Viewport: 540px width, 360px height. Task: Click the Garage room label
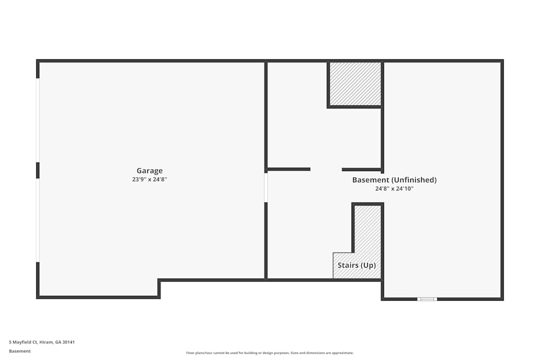(150, 171)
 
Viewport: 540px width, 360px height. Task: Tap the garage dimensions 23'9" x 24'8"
(150, 180)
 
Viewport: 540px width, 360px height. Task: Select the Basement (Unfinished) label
(394, 180)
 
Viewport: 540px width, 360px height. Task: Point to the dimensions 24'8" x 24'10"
(394, 189)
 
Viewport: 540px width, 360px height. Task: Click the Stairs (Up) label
(356, 266)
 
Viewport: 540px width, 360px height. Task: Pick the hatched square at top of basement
(355, 84)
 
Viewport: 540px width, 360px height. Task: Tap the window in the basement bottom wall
(427, 299)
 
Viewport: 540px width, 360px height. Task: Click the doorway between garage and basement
(266, 187)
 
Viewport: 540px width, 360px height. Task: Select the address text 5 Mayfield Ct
(25, 342)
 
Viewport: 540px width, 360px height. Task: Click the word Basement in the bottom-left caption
(20, 351)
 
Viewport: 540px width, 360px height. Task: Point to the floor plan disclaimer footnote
(270, 353)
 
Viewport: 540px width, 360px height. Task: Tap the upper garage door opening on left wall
(38, 120)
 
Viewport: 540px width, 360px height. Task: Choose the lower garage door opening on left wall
(38, 220)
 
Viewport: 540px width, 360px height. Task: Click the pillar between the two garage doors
(38, 170)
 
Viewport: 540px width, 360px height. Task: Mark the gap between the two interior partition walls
(326, 169)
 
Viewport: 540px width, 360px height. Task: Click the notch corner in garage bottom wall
(159, 281)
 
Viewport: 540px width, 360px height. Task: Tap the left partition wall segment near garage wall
(289, 169)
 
